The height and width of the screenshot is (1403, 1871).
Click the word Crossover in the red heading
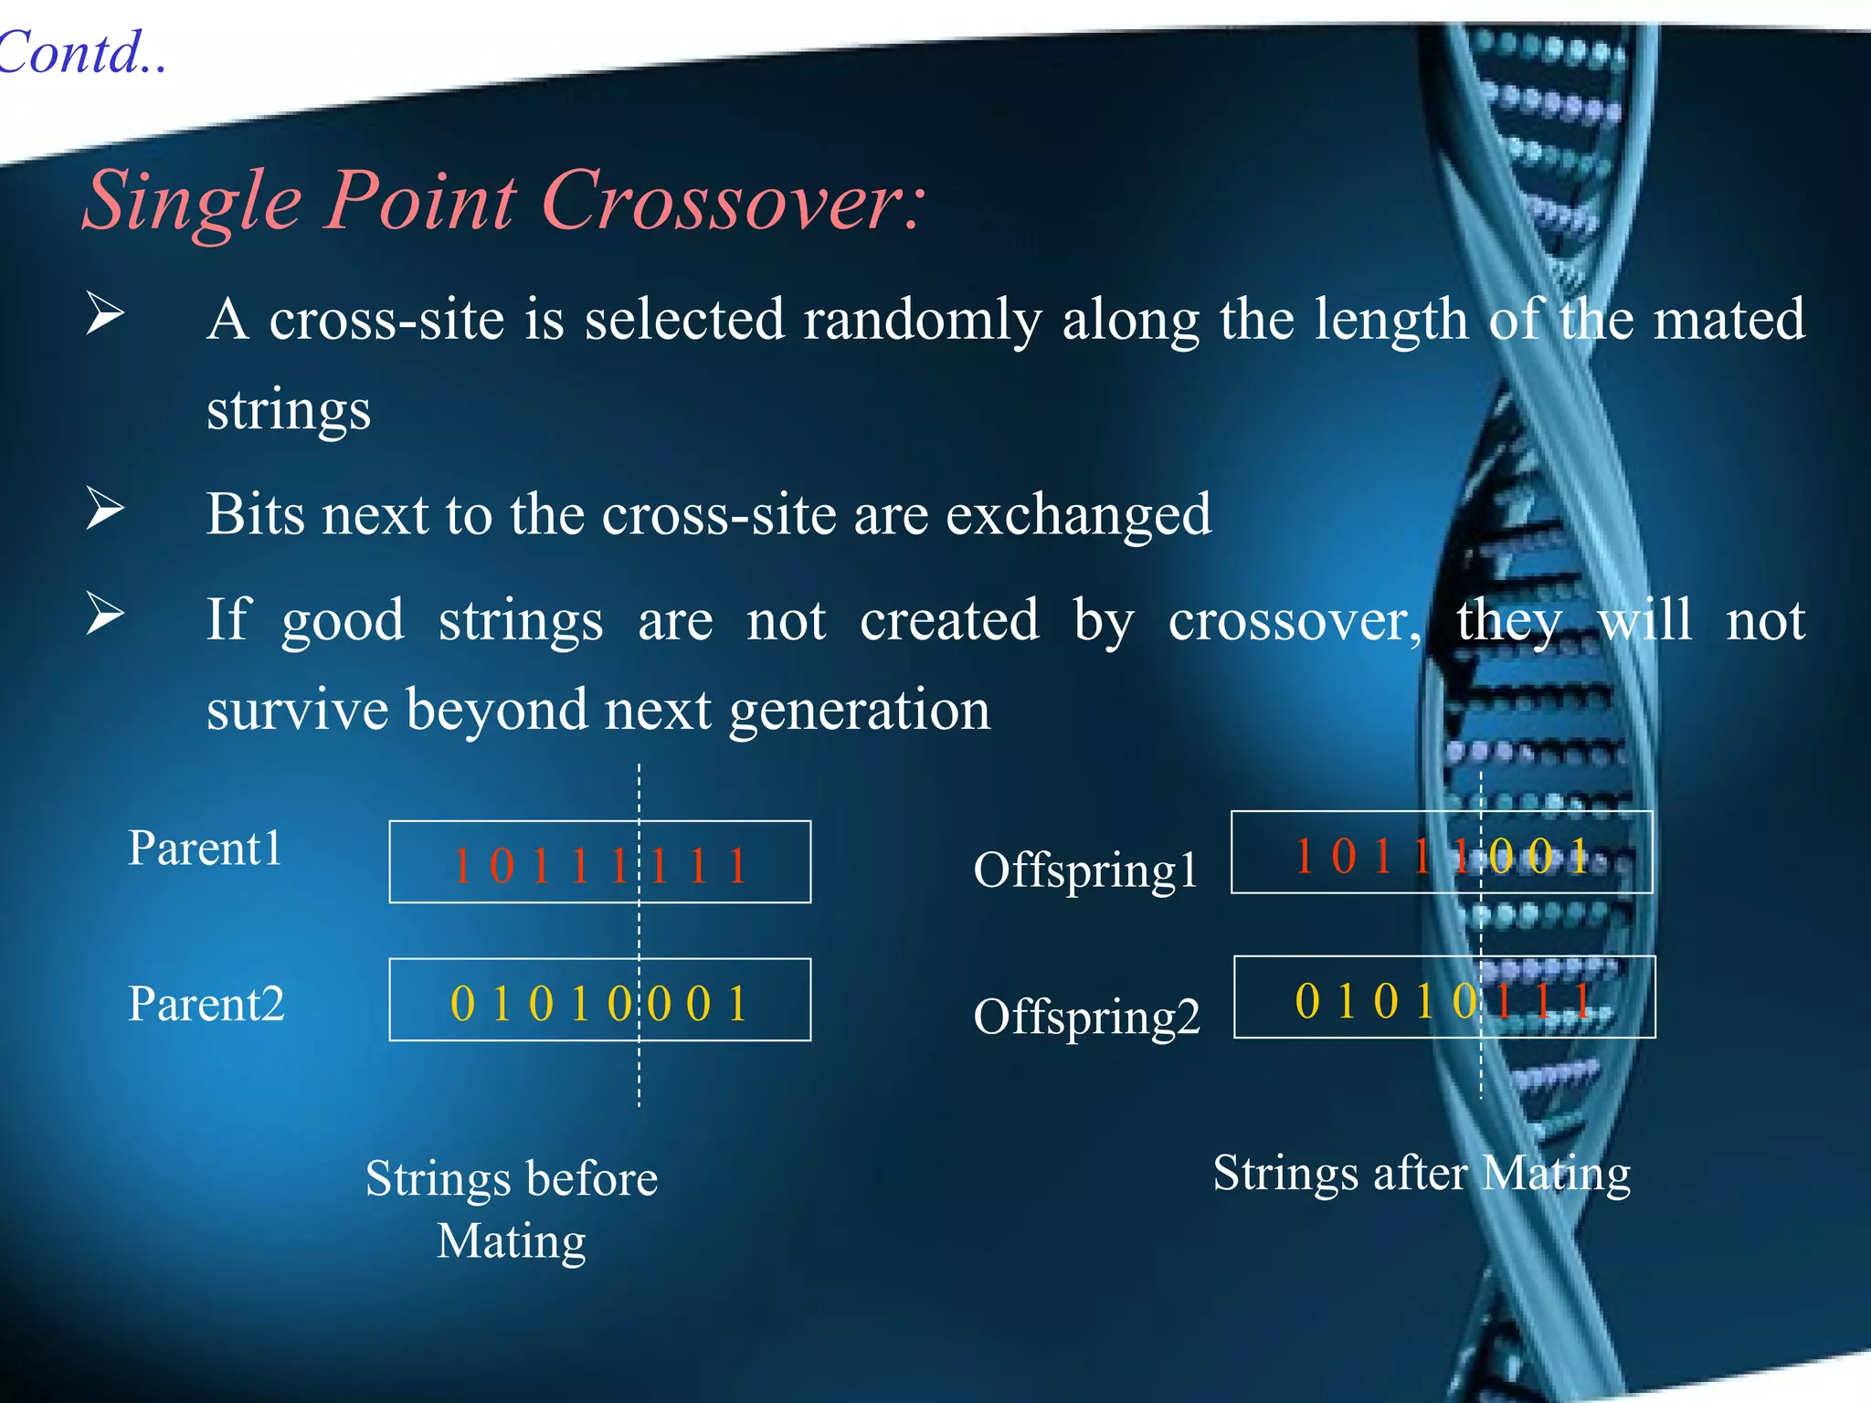click(731, 201)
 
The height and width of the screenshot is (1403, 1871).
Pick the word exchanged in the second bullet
click(1078, 515)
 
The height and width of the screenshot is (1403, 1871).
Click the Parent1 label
click(206, 849)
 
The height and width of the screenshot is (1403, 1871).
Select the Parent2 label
click(206, 1004)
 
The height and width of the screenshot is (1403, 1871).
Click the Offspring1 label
click(1085, 870)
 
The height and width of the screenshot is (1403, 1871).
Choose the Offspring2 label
click(1086, 1017)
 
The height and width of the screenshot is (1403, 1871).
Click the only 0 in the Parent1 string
click(502, 866)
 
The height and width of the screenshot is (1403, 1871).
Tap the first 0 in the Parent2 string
click(463, 1004)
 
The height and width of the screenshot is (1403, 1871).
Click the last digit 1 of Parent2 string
click(737, 1004)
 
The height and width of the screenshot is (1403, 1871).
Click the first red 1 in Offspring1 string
click(1305, 857)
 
